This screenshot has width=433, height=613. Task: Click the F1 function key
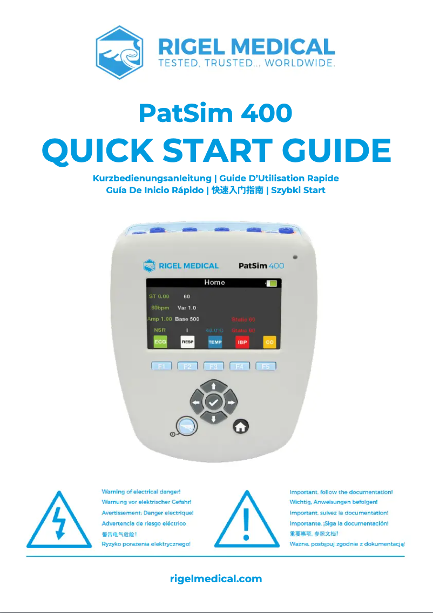pyautogui.click(x=161, y=366)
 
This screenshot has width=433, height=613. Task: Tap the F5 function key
pyautogui.click(x=266, y=366)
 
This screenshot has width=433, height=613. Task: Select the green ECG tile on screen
pyautogui.click(x=160, y=342)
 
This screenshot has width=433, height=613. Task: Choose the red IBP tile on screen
pyautogui.click(x=242, y=342)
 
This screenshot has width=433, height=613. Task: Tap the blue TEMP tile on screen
pyautogui.click(x=215, y=342)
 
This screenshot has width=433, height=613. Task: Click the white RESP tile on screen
pyautogui.click(x=187, y=342)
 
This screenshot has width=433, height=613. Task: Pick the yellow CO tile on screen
pyautogui.click(x=269, y=342)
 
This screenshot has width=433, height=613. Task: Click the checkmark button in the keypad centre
pyautogui.click(x=214, y=402)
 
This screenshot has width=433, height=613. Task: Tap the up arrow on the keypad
pyautogui.click(x=214, y=386)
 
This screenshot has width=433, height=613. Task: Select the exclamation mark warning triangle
pyautogui.click(x=247, y=520)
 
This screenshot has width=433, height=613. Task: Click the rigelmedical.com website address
pyautogui.click(x=216, y=578)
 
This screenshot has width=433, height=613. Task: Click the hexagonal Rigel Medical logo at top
pyautogui.click(x=119, y=52)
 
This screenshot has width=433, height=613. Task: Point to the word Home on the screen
pyautogui.click(x=214, y=282)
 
